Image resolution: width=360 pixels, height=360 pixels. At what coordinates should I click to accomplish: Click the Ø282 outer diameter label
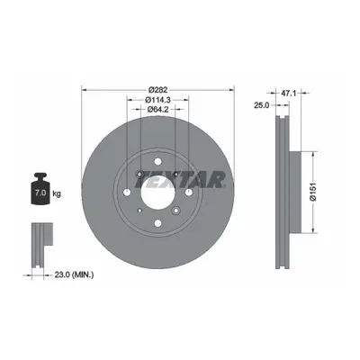click(157, 89)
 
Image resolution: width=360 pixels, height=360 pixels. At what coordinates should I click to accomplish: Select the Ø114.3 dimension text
click(157, 100)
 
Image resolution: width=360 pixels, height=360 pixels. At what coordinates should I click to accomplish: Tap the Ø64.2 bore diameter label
click(157, 110)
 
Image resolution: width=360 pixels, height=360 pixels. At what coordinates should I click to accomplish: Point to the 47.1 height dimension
click(288, 94)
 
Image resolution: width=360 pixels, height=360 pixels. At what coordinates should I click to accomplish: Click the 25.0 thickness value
click(262, 105)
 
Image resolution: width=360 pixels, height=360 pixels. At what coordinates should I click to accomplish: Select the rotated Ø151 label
click(312, 193)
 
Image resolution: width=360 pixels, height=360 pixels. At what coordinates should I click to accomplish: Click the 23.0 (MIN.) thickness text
click(74, 274)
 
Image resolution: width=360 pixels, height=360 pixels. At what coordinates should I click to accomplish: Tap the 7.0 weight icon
click(40, 189)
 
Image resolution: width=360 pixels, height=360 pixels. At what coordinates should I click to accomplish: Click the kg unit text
click(57, 193)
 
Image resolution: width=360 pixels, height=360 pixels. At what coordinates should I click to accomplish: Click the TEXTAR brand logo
click(180, 179)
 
